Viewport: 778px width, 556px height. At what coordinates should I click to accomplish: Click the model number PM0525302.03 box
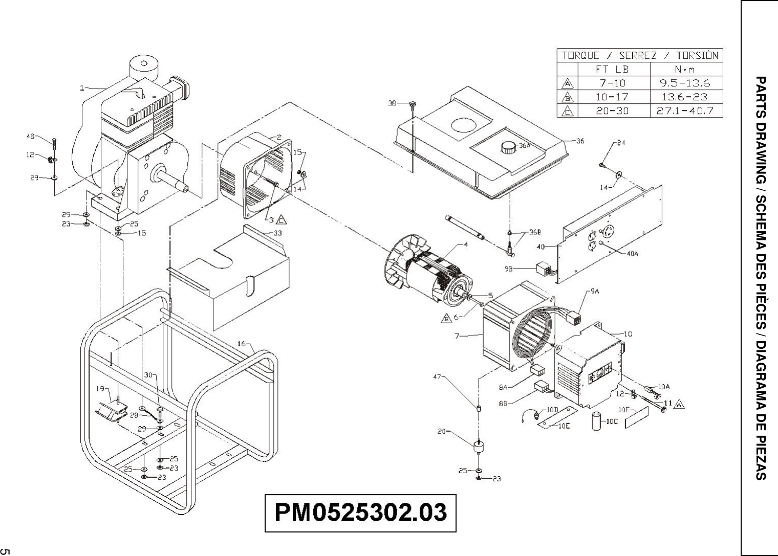(x=360, y=513)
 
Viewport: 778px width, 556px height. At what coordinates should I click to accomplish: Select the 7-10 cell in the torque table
(x=613, y=83)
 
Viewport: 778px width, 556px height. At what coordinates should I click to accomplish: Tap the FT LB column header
(x=613, y=69)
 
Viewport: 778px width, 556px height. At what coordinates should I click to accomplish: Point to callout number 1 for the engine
(x=82, y=88)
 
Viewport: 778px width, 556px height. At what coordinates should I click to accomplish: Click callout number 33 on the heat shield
(x=277, y=233)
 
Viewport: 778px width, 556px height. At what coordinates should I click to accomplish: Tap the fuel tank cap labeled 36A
(x=508, y=147)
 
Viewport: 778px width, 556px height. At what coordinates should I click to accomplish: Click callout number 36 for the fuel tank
(x=580, y=141)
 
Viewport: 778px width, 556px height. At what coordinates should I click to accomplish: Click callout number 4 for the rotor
(x=466, y=244)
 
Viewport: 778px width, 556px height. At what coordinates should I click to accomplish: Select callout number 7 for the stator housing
(x=456, y=336)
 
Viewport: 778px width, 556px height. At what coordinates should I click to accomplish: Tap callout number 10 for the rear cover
(x=628, y=334)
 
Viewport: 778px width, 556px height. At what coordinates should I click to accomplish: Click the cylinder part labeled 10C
(x=596, y=421)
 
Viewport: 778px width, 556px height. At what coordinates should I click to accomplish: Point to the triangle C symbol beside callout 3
(x=282, y=220)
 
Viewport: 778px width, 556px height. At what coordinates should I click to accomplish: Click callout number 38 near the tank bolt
(x=392, y=103)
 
